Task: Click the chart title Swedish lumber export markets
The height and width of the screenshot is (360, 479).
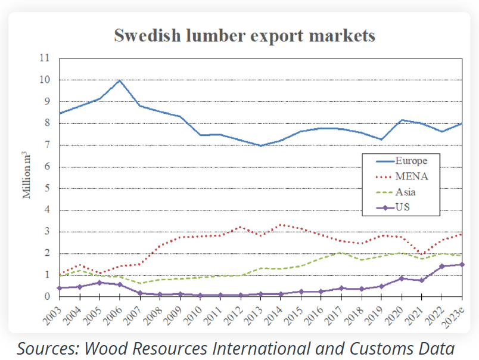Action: coord(244,35)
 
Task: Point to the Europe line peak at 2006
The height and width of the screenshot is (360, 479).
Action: coord(120,80)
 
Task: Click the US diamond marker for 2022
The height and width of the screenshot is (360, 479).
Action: coord(442,266)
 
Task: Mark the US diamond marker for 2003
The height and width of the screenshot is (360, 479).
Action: coord(58,288)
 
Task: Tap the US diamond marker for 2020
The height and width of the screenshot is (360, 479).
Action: coord(402,278)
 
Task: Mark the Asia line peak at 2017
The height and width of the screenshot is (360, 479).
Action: coord(341,252)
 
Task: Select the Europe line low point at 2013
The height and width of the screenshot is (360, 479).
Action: coord(260,145)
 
